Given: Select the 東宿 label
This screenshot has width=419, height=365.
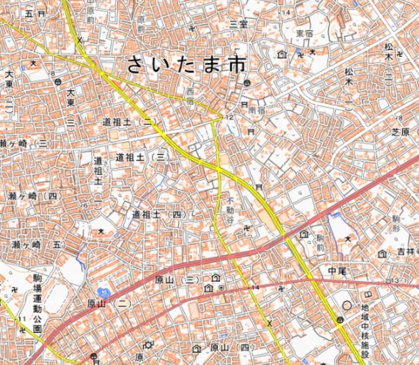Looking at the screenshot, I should coord(304,33).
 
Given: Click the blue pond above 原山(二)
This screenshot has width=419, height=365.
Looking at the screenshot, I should coord(103,293).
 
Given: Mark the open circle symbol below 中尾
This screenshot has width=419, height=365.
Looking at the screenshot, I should coord(347,305).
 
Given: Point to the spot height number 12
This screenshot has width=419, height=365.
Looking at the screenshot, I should coord(228,117).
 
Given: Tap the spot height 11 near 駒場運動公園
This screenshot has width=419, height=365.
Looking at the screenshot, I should coord(21,319).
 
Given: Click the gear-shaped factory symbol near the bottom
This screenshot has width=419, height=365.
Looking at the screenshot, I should coord(149,345).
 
